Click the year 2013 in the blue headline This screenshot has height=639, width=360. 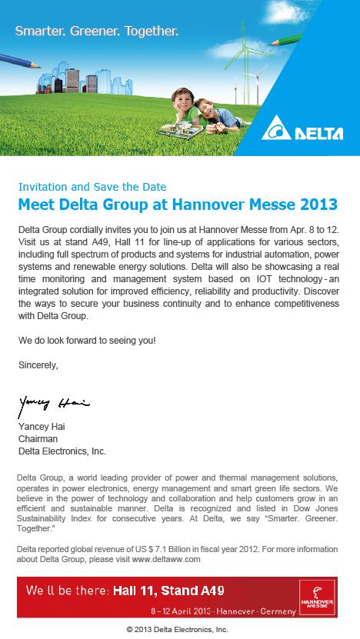click(x=319, y=205)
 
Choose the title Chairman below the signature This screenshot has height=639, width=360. click(x=37, y=439)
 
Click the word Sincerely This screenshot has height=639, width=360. click(x=38, y=364)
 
